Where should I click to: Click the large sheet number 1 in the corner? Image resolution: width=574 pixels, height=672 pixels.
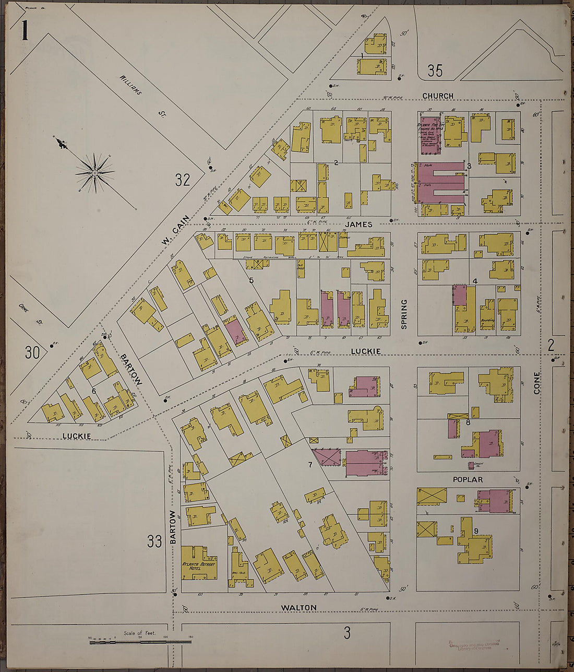(x=24, y=30)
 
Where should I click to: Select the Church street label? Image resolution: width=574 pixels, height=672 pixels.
(x=437, y=96)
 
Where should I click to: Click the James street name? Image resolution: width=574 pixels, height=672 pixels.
(x=358, y=225)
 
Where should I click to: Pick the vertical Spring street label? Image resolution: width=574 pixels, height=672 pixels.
(x=404, y=314)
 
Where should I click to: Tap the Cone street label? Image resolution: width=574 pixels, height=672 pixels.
(x=537, y=382)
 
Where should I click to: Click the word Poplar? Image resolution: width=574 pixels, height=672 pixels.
(x=468, y=479)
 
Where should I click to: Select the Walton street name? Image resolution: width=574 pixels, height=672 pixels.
(x=298, y=608)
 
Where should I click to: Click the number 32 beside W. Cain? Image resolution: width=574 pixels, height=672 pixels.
(x=183, y=181)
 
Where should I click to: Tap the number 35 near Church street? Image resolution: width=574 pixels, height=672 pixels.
(x=435, y=70)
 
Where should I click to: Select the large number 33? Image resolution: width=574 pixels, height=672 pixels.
(x=154, y=541)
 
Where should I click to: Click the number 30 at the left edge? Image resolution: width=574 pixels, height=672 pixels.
(x=32, y=352)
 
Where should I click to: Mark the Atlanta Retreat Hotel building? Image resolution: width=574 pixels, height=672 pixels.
(x=198, y=564)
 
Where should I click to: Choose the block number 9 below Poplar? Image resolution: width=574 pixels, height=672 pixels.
(x=476, y=532)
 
